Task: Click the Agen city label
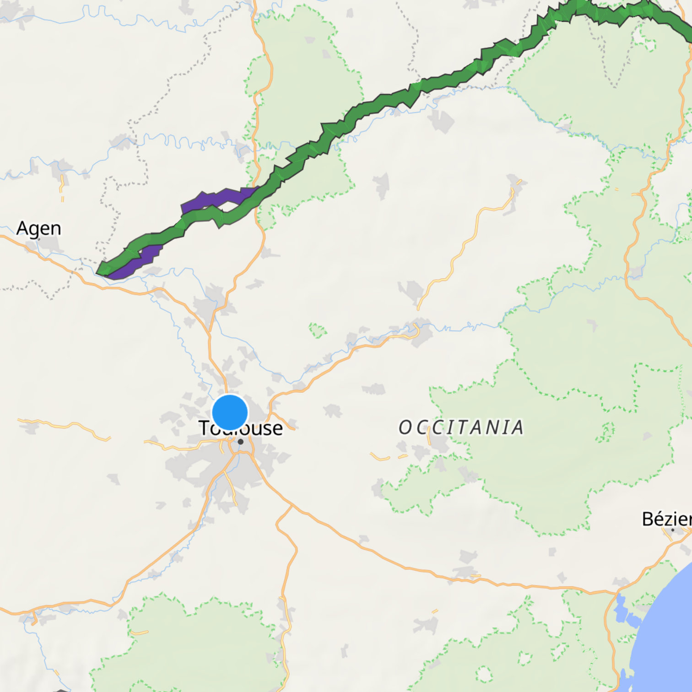[38, 228]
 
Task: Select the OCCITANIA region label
[461, 427]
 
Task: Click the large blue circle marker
[230, 412]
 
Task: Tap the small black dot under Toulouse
[240, 442]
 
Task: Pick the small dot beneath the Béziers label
[672, 530]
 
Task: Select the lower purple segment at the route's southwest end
[137, 261]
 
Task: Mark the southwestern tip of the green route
[98, 273]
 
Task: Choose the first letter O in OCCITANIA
[405, 427]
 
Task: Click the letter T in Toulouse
[204, 428]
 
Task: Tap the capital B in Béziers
[648, 519]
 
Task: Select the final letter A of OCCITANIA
[517, 427]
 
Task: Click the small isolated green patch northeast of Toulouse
[318, 330]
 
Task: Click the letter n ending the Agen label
[55, 229]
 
